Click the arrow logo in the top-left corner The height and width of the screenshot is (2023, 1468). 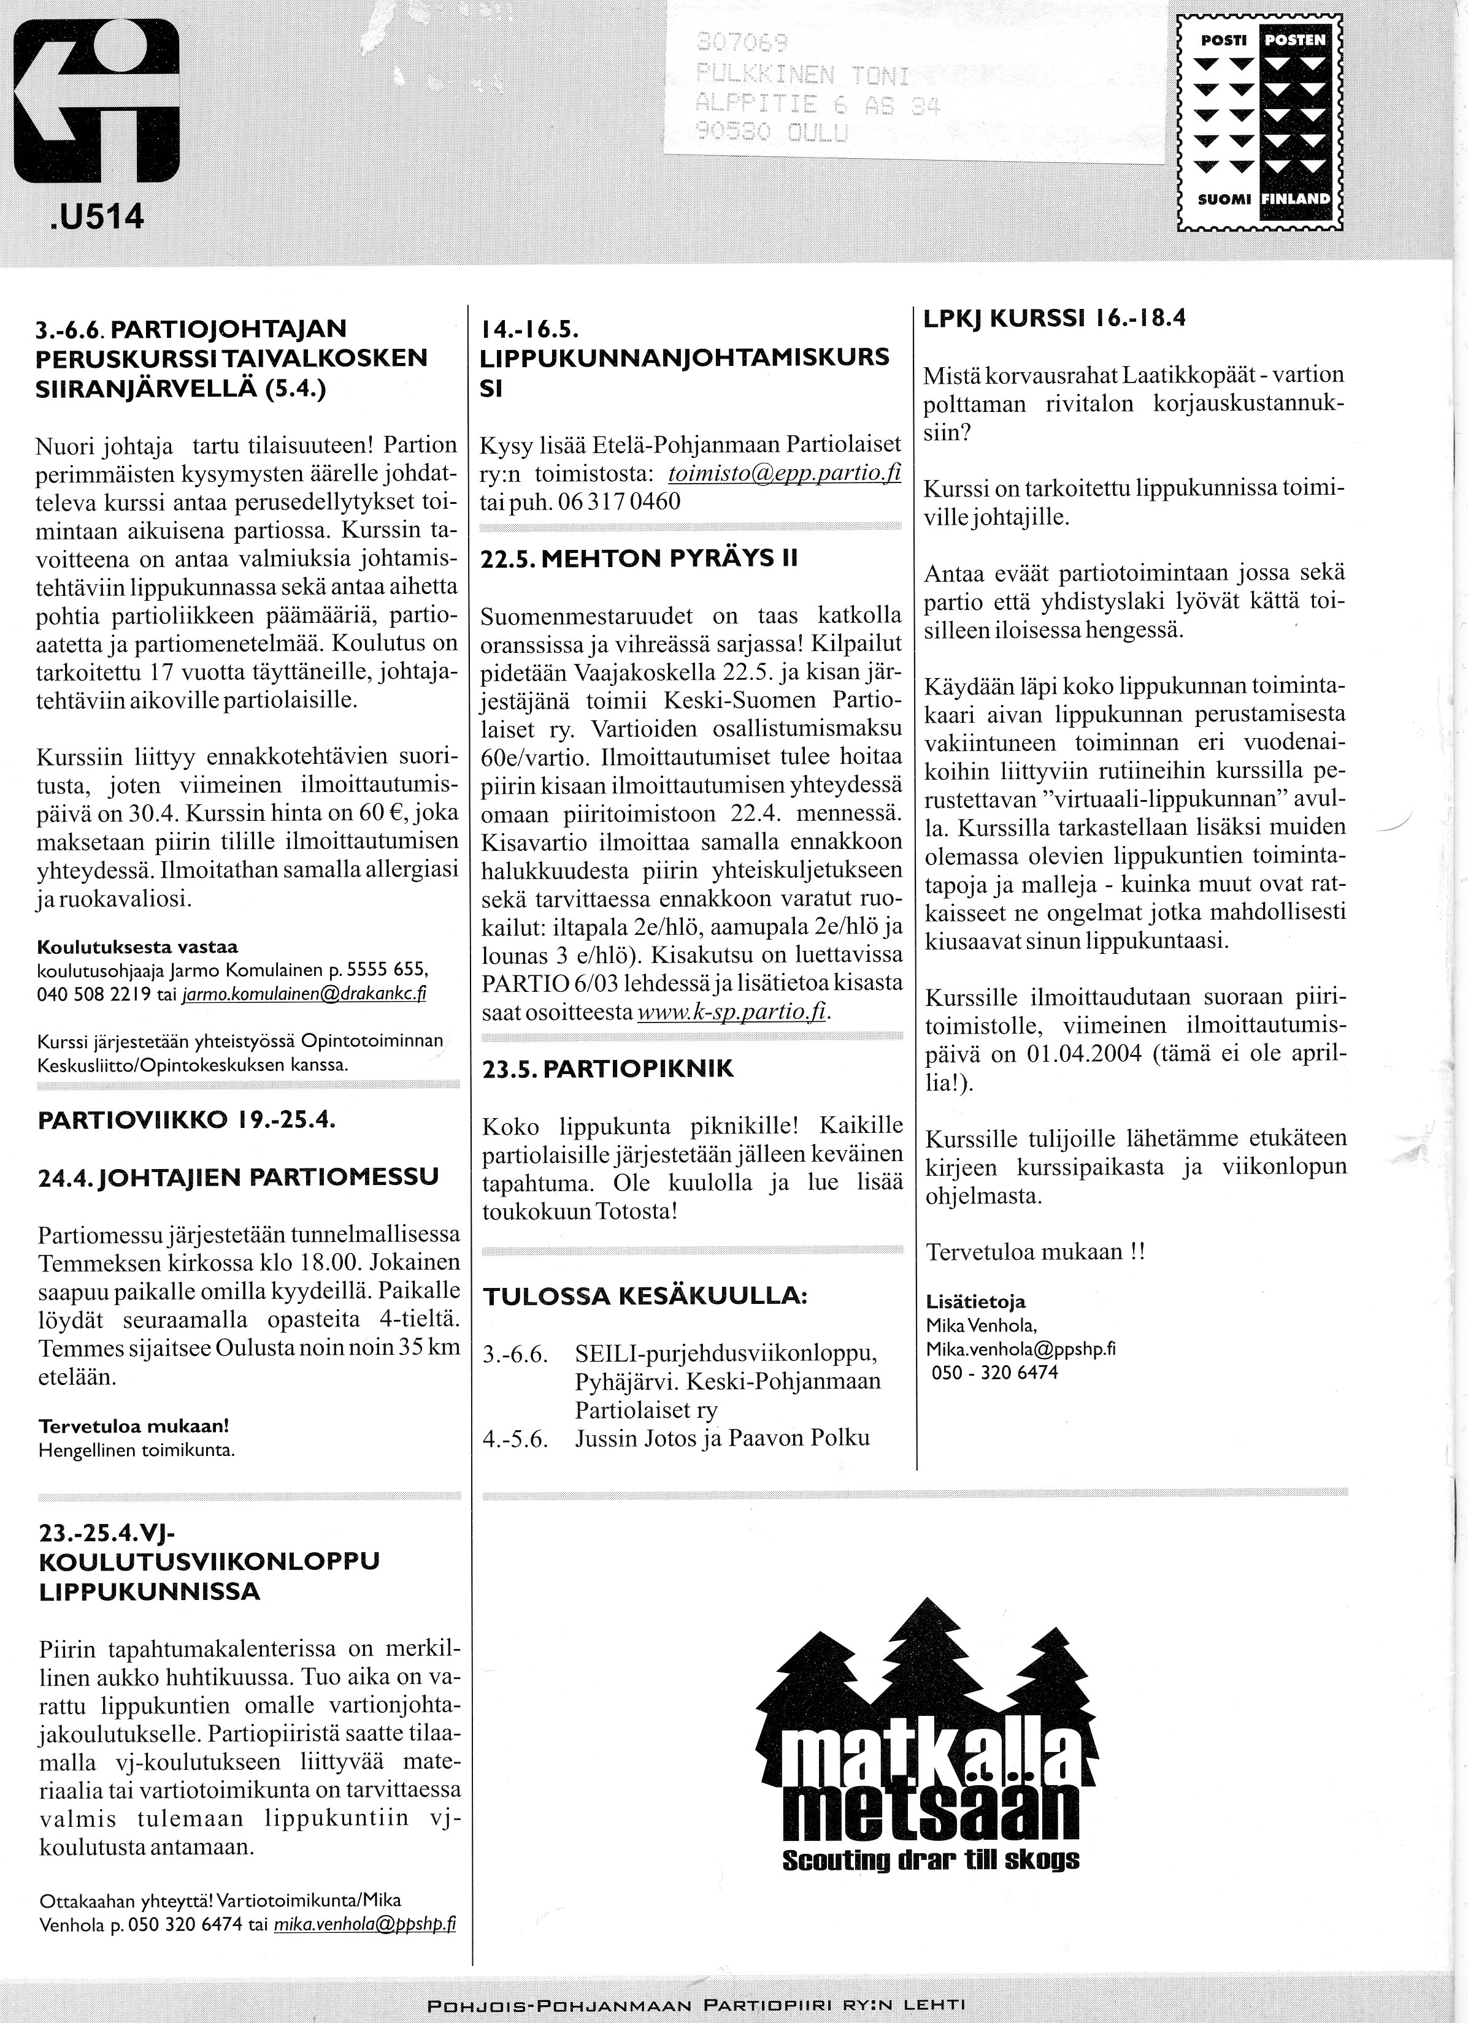(96, 102)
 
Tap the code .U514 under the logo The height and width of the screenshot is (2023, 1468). (92, 218)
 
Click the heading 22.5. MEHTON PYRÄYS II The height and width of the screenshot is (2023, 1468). (639, 559)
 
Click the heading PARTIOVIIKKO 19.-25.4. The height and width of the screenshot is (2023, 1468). (186, 1121)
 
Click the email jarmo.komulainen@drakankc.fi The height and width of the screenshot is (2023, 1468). (304, 996)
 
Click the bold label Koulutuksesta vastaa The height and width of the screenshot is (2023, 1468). (137, 947)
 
